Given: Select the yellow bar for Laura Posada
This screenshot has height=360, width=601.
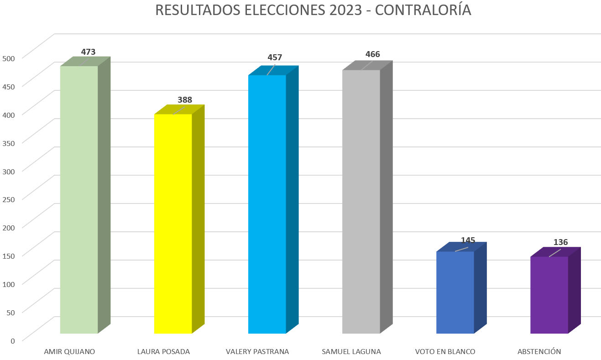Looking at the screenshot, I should (x=173, y=224).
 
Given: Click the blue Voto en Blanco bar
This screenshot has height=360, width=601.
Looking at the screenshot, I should (x=455, y=292).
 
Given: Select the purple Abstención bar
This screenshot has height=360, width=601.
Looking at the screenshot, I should (x=549, y=295).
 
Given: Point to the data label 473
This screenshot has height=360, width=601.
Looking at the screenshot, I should (x=88, y=52).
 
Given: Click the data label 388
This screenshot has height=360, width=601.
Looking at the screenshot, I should (x=185, y=100).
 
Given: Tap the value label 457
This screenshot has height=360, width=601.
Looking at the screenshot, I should (x=275, y=57).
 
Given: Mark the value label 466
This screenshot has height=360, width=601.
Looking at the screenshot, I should (x=372, y=55).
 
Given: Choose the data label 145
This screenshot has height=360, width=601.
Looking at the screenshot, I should (x=468, y=240).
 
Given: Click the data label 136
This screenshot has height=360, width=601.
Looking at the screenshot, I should (x=560, y=242).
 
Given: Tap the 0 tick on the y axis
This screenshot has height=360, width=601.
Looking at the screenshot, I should (x=13, y=340).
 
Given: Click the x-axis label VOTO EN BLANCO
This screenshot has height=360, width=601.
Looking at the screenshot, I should (x=445, y=352).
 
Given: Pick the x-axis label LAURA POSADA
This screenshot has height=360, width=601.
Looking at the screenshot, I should (x=163, y=352).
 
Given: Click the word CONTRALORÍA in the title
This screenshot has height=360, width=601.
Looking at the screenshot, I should (x=423, y=10).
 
